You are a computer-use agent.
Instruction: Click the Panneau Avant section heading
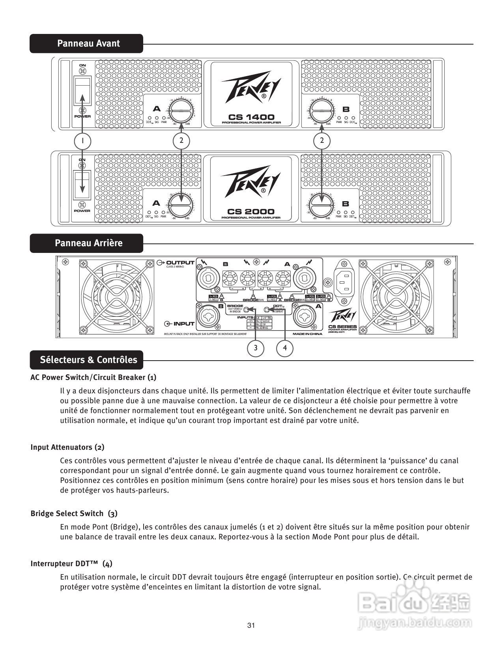pyautogui.click(x=88, y=43)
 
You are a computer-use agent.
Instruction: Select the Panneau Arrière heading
pyautogui.click(x=88, y=243)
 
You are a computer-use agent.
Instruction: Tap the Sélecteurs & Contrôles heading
pyautogui.click(x=88, y=360)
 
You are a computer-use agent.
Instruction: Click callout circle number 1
pyautogui.click(x=82, y=140)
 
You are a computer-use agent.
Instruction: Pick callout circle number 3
pyautogui.click(x=256, y=348)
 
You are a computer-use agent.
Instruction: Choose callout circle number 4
pyautogui.click(x=285, y=348)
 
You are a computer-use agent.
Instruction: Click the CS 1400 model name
pyautogui.click(x=251, y=117)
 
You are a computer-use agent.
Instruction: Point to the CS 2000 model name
pyautogui.click(x=251, y=211)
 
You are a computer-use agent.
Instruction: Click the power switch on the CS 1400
pyautogui.click(x=82, y=90)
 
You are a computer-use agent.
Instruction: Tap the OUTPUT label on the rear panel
pyautogui.click(x=180, y=262)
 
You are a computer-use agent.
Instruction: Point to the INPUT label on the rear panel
pyautogui.click(x=183, y=324)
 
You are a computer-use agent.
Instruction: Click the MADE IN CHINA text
pyautogui.click(x=307, y=334)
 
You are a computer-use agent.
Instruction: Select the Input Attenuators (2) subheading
pyautogui.click(x=67, y=447)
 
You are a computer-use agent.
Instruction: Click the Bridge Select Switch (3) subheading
pyautogui.click(x=74, y=513)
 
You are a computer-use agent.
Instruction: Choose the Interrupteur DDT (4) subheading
pyautogui.click(x=71, y=563)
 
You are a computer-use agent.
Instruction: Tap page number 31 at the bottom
pyautogui.click(x=251, y=625)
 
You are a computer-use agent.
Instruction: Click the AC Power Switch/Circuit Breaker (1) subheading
pyautogui.click(x=93, y=377)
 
